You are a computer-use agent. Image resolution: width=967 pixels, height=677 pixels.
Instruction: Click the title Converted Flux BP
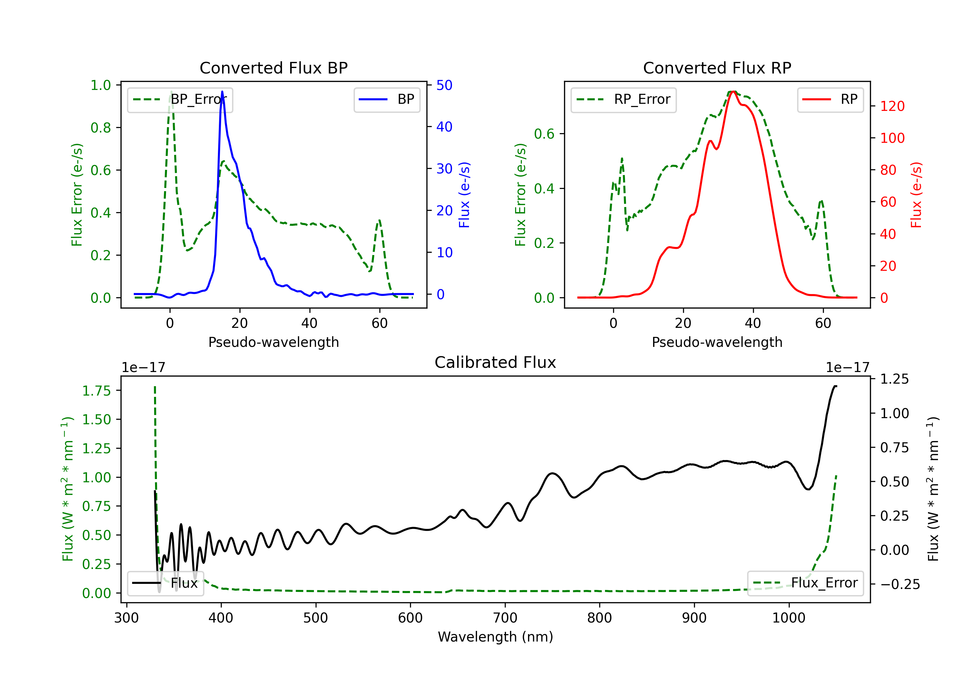click(x=273, y=68)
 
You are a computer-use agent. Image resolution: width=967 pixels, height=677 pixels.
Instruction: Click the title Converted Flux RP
click(x=717, y=68)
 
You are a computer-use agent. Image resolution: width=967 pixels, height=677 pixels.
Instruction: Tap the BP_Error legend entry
click(x=180, y=99)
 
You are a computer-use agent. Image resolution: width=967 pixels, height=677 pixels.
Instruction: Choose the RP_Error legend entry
click(x=623, y=99)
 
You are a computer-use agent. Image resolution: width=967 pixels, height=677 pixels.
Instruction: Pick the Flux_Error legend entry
click(x=805, y=583)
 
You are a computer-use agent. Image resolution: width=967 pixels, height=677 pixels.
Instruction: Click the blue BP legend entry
click(x=386, y=99)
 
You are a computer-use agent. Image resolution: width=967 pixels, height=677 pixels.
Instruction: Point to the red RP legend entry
click(x=830, y=99)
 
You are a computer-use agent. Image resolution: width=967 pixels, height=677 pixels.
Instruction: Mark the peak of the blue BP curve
click(x=222, y=92)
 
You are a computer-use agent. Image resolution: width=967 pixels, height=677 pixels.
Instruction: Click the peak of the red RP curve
click(x=733, y=92)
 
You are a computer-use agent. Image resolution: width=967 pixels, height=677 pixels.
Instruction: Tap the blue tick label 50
click(x=444, y=85)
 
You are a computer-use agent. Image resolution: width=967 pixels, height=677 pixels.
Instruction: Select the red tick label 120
click(x=892, y=106)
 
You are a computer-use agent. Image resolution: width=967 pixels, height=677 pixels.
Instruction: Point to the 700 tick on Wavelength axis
click(x=505, y=618)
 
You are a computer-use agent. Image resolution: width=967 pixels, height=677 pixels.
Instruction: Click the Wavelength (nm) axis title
click(x=495, y=637)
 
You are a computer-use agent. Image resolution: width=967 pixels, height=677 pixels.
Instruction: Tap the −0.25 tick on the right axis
click(x=900, y=584)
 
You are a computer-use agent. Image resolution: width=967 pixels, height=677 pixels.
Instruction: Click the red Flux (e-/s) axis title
click(x=916, y=195)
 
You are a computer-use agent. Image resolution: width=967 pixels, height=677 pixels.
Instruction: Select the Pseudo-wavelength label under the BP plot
click(x=273, y=342)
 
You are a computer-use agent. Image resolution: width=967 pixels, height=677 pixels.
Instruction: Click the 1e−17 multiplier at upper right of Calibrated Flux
click(x=847, y=368)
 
